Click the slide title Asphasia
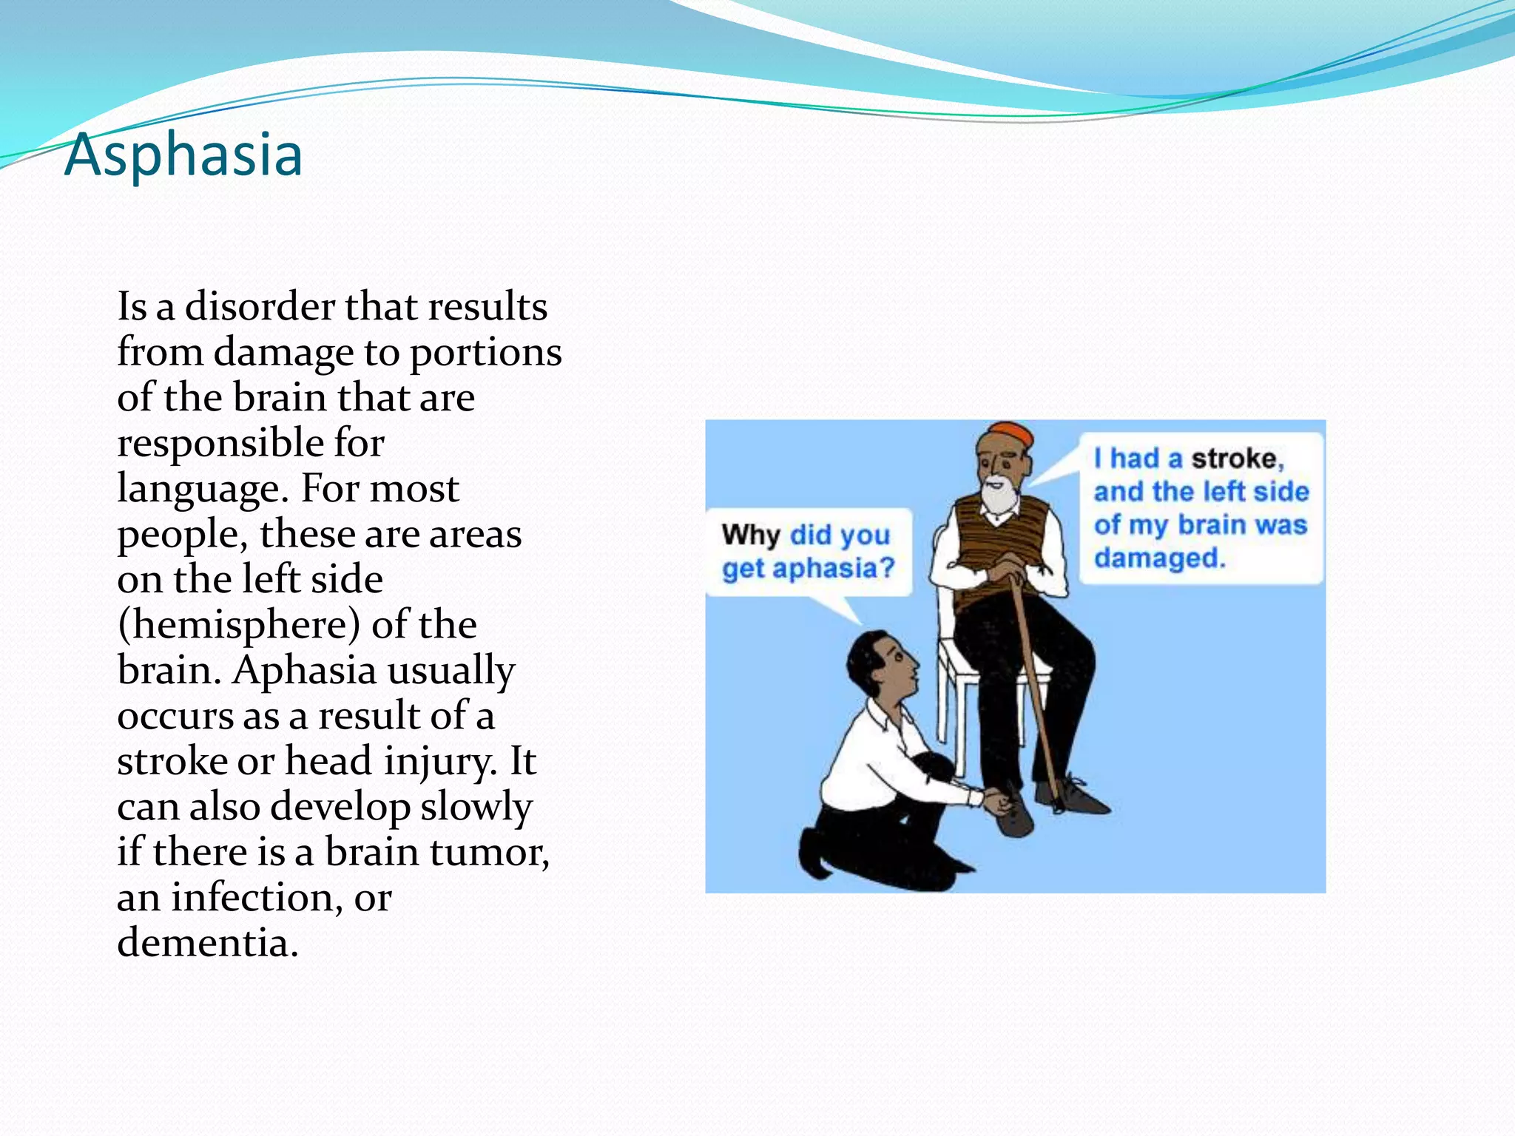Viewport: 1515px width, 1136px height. coord(183,154)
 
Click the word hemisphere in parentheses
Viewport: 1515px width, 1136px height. coord(239,626)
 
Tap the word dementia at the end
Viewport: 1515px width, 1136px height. coord(207,943)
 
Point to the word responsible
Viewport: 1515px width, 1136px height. coord(220,443)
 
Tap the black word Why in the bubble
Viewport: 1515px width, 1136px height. coord(751,535)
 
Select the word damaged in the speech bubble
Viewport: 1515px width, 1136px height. coord(1159,558)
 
